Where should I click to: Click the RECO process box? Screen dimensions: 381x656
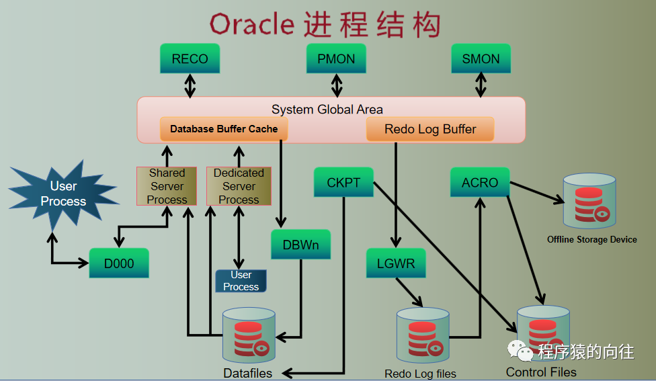[190, 59]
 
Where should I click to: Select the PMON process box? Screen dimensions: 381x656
[336, 59]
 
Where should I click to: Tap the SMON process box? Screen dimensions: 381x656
[481, 59]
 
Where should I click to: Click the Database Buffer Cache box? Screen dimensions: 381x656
[224, 129]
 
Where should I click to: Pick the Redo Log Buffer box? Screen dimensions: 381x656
[430, 129]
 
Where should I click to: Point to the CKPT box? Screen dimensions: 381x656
[343, 183]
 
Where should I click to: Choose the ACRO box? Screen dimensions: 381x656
[480, 183]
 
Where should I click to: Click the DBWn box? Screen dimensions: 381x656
[300, 245]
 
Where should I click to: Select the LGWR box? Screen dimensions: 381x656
[396, 263]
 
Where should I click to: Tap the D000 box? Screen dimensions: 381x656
[119, 263]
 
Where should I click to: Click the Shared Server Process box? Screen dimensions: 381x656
[167, 186]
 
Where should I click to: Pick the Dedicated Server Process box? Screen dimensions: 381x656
[239, 186]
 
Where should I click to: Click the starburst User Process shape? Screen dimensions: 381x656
[59, 193]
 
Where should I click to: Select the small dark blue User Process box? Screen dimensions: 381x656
[241, 281]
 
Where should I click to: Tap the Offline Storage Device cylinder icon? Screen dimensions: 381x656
[589, 201]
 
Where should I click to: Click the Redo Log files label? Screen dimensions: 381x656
[420, 374]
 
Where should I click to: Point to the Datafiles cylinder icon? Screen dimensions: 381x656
[249, 336]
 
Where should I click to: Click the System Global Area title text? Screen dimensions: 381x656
[327, 109]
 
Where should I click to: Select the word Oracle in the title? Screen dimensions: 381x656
[251, 25]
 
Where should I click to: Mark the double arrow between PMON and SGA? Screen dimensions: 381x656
[337, 85]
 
